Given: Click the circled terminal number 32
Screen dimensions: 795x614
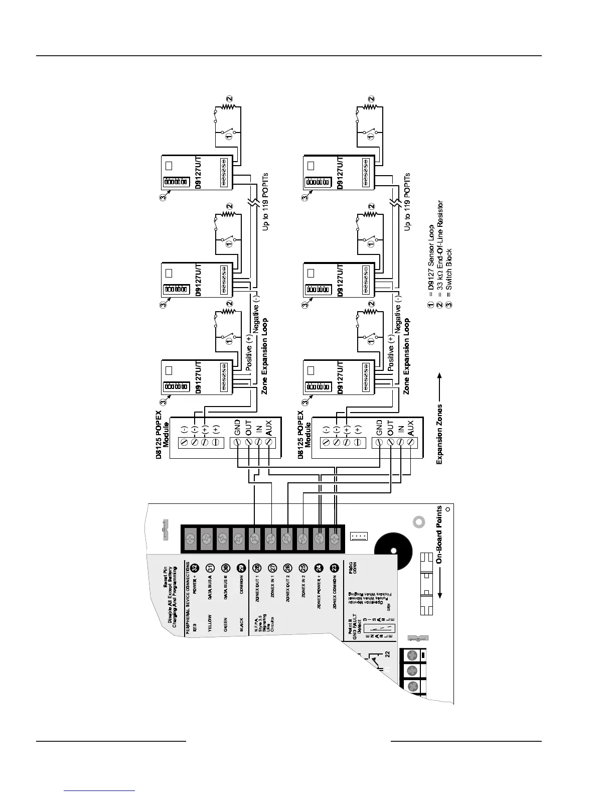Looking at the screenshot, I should pyautogui.click(x=195, y=568).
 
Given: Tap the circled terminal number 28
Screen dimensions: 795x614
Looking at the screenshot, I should pyautogui.click(x=256, y=568).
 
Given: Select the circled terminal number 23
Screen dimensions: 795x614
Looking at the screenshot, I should pyautogui.click(x=335, y=568).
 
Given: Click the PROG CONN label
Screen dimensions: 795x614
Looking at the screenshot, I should pyautogui.click(x=352, y=568).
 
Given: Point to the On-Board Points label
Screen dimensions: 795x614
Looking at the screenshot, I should pyautogui.click(x=439, y=535).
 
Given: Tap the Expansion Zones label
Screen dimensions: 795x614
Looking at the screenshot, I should pyautogui.click(x=439, y=434).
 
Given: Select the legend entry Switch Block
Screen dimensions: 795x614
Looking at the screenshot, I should pyautogui.click(x=449, y=277).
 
